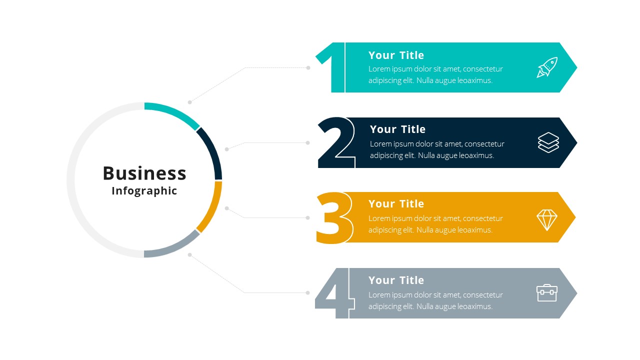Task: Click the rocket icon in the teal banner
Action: pos(547,67)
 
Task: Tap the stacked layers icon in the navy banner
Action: pos(548,142)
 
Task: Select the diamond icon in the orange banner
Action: pos(547,220)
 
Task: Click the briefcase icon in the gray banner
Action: pos(547,293)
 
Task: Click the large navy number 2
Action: pos(336,142)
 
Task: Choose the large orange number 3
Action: pos(334,217)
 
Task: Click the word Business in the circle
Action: pos(144,173)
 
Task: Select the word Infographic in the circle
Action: pos(144,191)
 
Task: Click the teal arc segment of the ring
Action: pos(175,112)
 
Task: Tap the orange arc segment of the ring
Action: pos(212,208)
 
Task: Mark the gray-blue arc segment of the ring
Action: pos(175,247)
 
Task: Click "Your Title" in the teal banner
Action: pos(396,55)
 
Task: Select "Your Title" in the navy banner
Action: pos(397,129)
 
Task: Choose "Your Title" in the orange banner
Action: pos(396,203)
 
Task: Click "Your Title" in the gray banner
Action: pos(396,280)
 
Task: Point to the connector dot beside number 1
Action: pos(308,67)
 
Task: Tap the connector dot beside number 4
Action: pos(307,292)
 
